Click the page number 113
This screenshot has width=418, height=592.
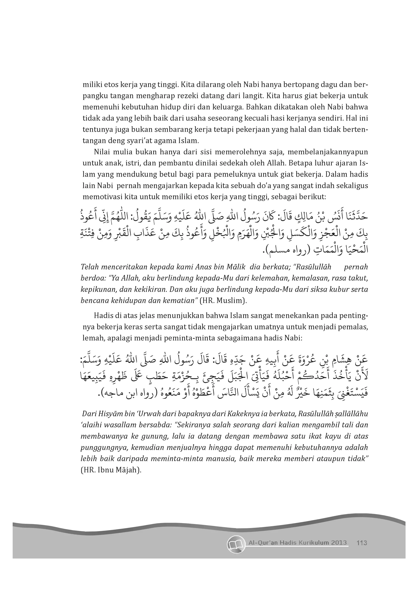coord(362,543)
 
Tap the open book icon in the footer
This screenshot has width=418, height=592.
coord(236,544)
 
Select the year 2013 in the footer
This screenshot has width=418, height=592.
coord(338,543)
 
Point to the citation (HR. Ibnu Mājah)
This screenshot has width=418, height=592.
coord(111,470)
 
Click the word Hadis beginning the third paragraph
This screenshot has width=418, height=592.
coord(102,316)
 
